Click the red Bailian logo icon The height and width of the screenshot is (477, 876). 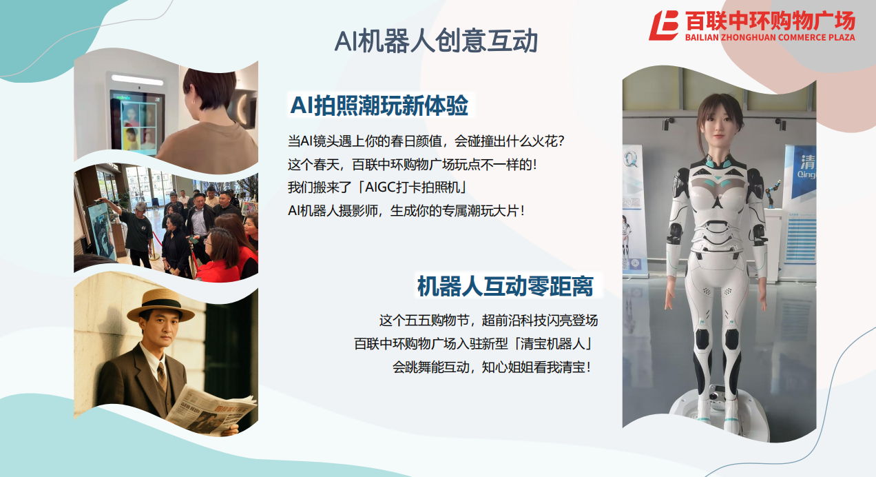pyautogui.click(x=663, y=26)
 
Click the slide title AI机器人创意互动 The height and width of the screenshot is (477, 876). pyautogui.click(x=436, y=41)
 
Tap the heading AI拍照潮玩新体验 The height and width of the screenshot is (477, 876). pyautogui.click(x=379, y=105)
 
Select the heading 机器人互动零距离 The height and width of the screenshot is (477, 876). pyautogui.click(x=505, y=286)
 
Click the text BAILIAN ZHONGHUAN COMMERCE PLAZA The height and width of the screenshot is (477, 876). pyautogui.click(x=770, y=37)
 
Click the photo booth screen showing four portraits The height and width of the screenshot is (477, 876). pyautogui.click(x=136, y=122)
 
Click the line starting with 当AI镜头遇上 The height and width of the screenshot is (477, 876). pyautogui.click(x=426, y=141)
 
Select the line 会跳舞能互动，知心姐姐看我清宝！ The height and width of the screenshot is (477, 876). pyautogui.click(x=492, y=367)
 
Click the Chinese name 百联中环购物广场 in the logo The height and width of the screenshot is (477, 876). pyautogui.click(x=770, y=21)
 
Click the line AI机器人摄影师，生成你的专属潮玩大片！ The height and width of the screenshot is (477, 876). pyautogui.click(x=406, y=211)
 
